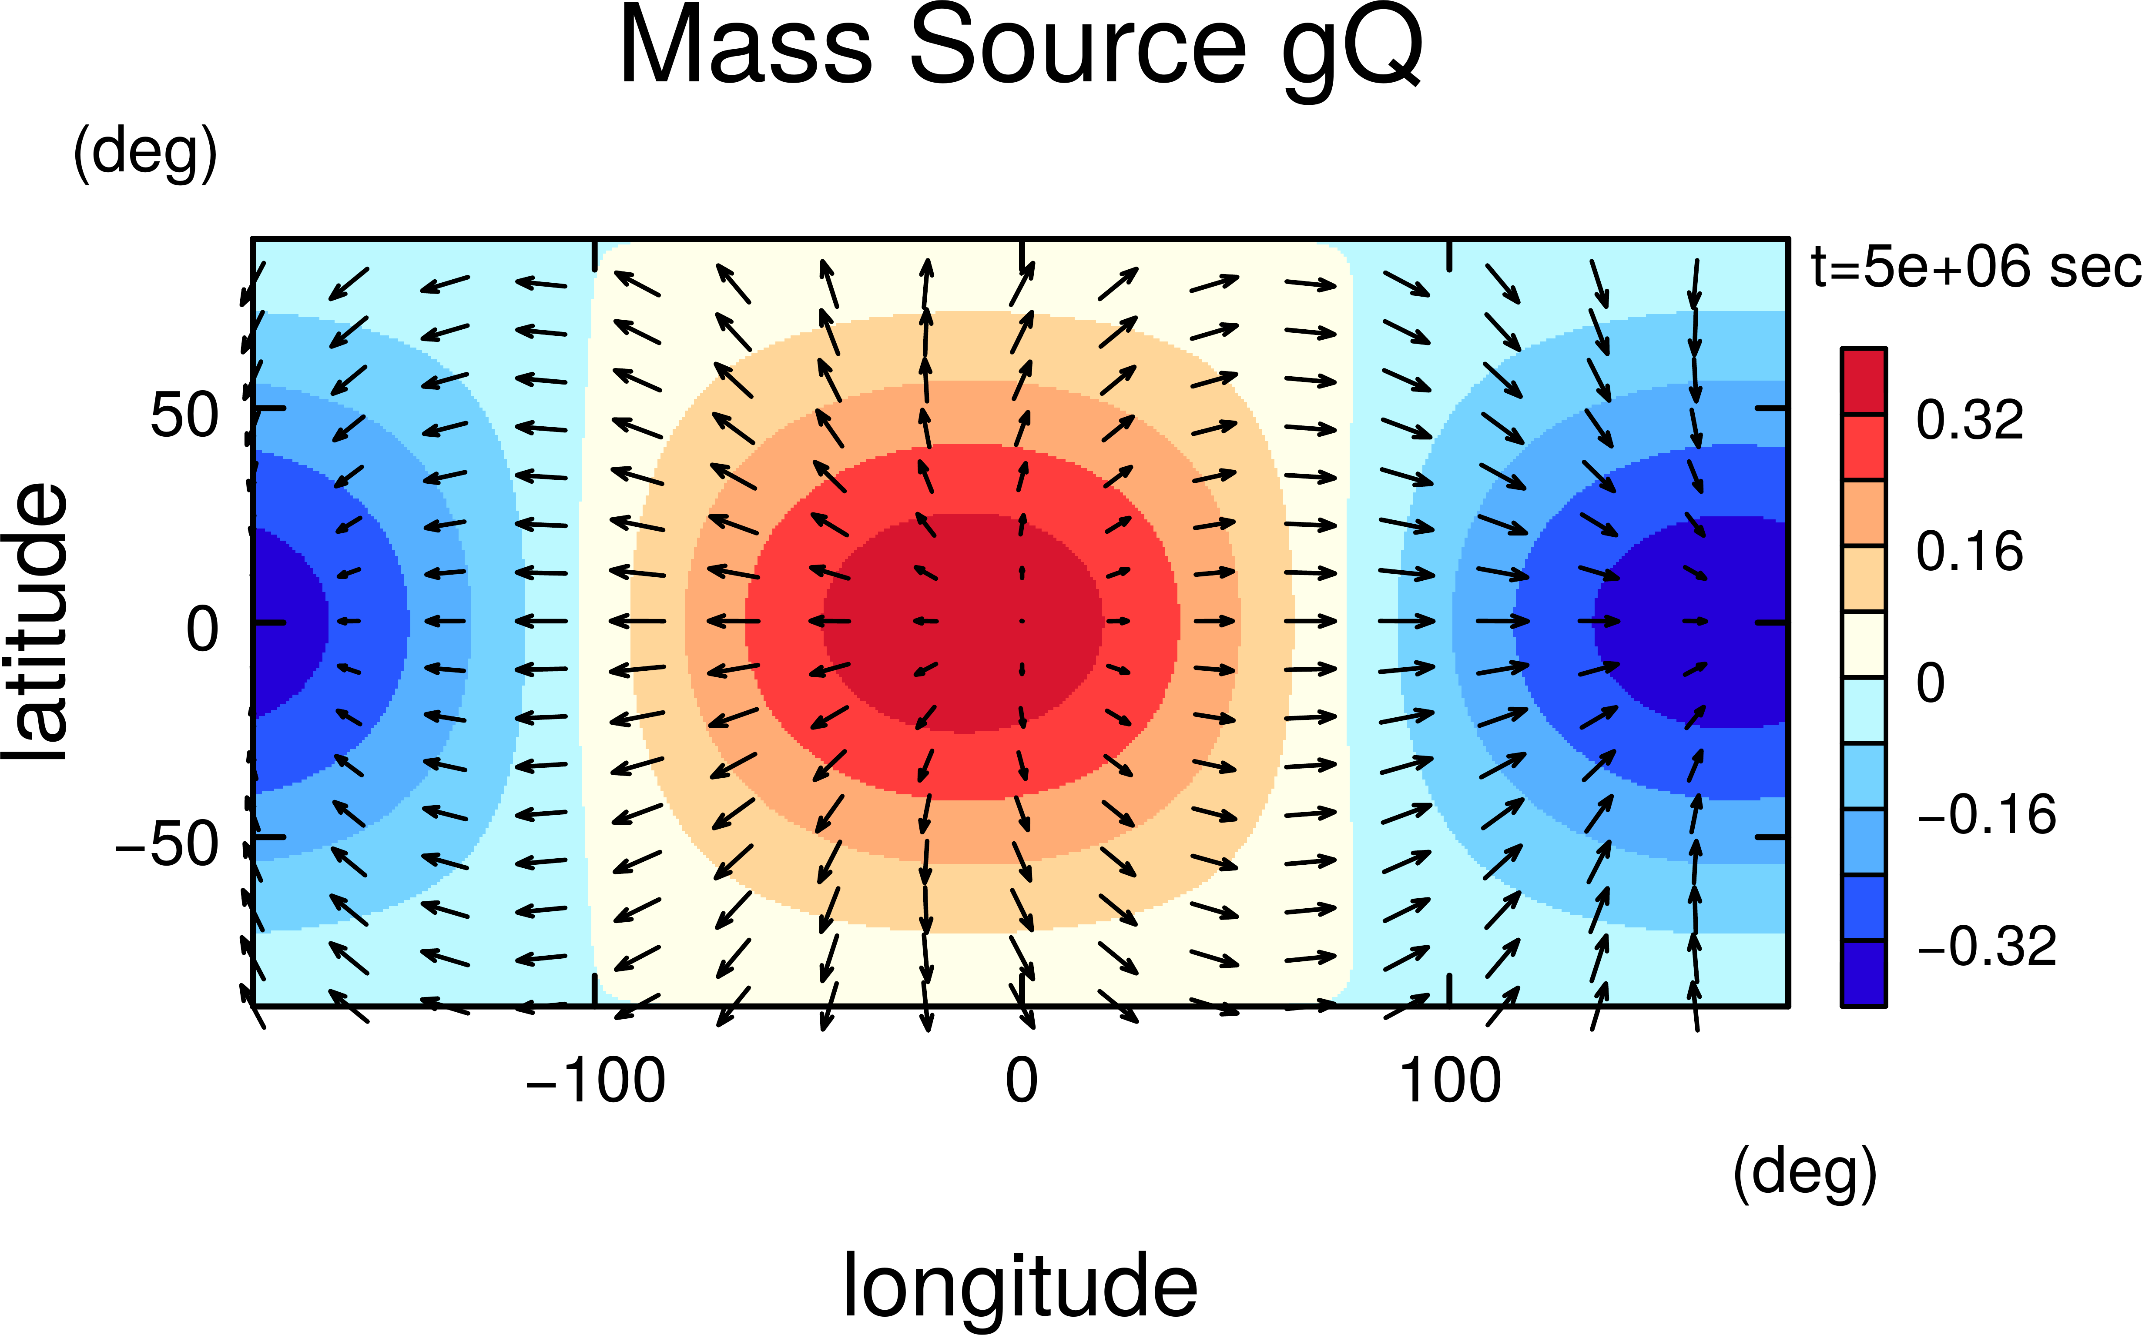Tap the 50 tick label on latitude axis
[184, 415]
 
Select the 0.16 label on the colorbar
[1969, 552]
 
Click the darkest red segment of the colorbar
[1863, 381]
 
